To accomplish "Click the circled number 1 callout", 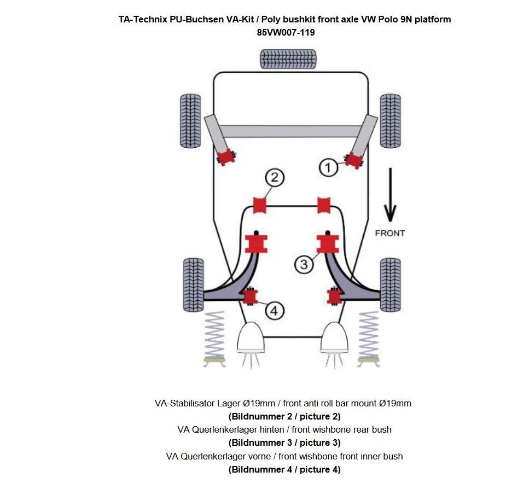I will [328, 167].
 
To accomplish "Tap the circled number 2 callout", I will [275, 177].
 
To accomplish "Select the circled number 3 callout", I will [304, 264].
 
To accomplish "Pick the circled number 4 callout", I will [275, 311].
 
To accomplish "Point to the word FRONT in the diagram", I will [390, 233].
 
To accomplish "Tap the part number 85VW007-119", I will [286, 32].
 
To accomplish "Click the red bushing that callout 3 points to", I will [327, 243].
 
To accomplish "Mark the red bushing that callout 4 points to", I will [251, 296].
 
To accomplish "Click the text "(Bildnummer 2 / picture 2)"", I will [284, 416].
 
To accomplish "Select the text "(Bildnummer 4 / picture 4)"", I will [284, 469].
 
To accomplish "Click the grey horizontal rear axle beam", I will [290, 131].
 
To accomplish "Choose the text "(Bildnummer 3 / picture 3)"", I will [284, 443].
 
